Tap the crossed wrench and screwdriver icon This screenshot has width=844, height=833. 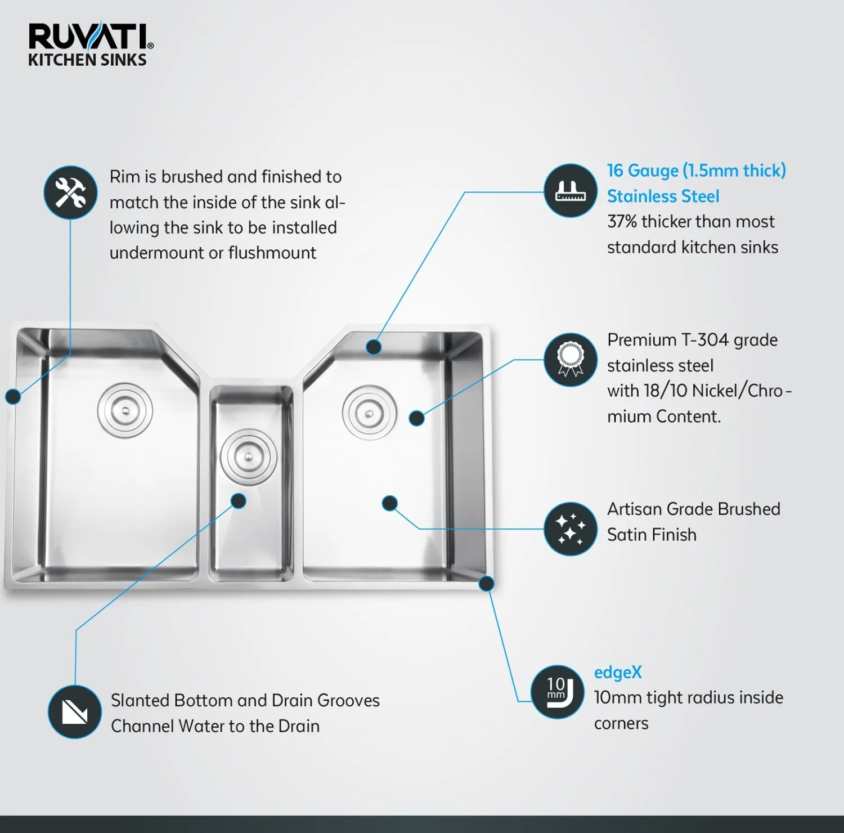(70, 192)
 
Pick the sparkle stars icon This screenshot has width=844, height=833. (571, 529)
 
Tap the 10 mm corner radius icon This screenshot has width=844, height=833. (558, 692)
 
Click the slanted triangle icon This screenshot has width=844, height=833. (75, 712)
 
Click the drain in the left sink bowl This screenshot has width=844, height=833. (125, 410)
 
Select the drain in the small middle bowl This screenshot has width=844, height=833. (248, 457)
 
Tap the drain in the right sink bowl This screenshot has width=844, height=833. (370, 413)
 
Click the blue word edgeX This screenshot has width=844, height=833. (618, 673)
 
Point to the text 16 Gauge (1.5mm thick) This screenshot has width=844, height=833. (697, 171)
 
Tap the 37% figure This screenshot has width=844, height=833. (622, 222)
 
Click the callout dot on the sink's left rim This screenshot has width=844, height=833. (13, 396)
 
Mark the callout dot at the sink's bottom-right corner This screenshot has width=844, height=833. (487, 583)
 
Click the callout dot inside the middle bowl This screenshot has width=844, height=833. (239, 501)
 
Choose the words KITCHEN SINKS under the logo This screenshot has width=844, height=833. (87, 60)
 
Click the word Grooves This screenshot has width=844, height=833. (348, 701)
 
